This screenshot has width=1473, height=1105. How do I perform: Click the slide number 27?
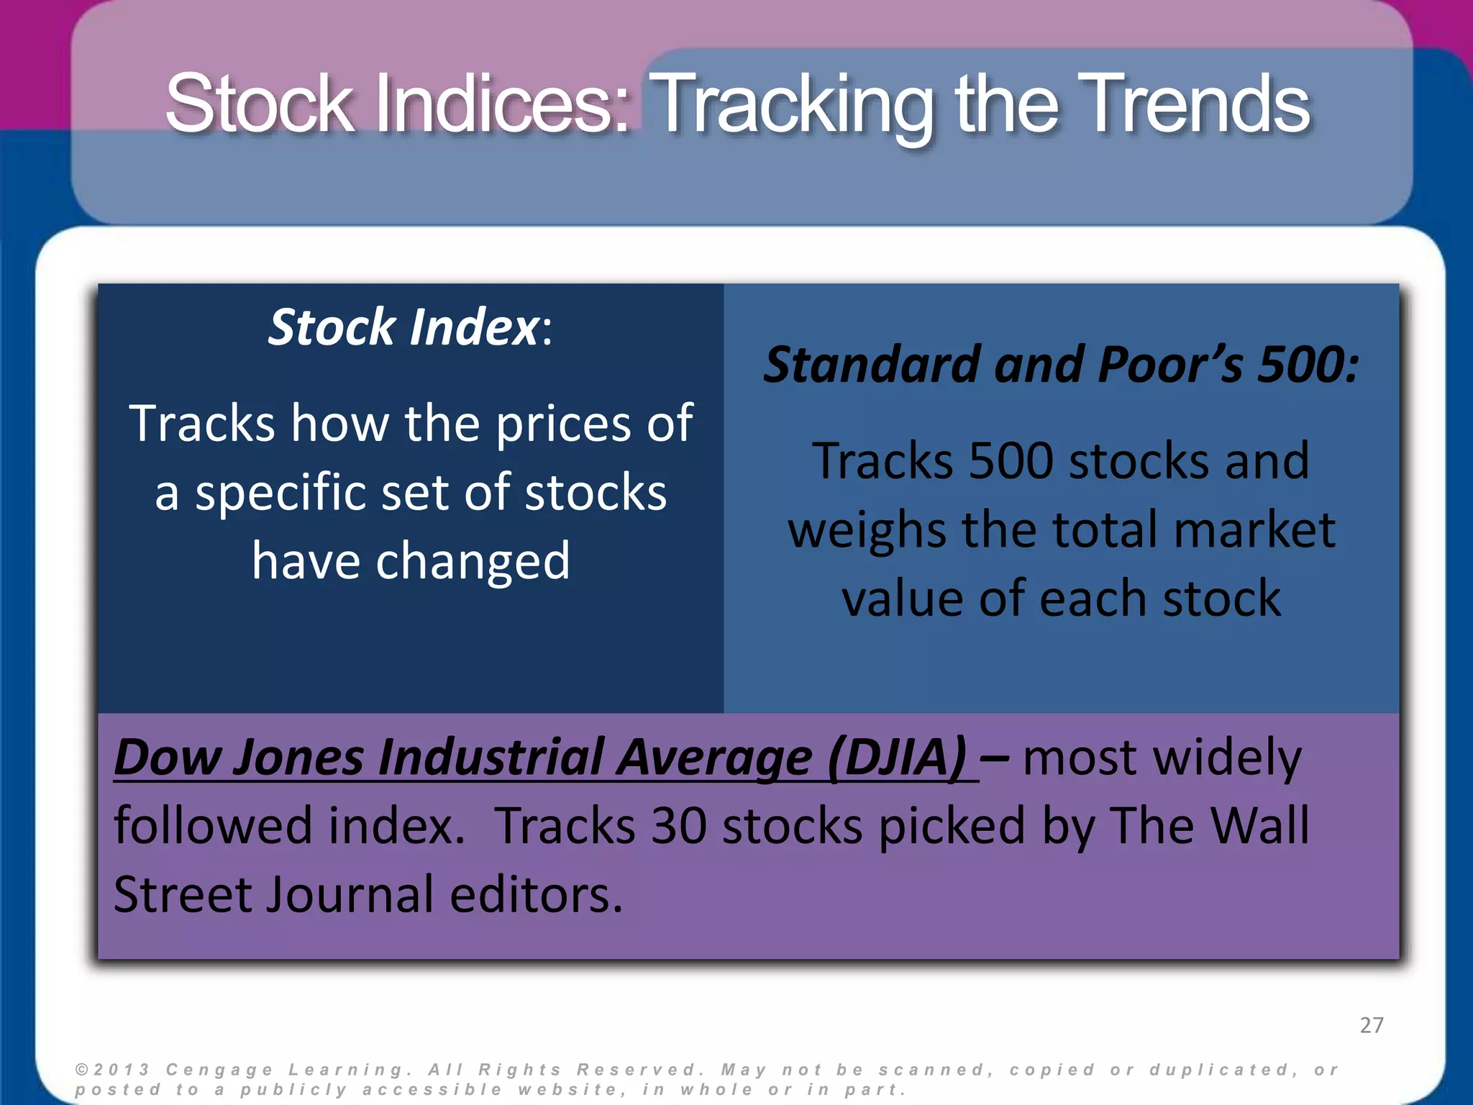coord(1372,1024)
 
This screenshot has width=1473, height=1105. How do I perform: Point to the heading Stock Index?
coord(403,327)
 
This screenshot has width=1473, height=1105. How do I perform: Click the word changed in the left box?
coord(473,561)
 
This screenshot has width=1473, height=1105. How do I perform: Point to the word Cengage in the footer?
coord(219,1070)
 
